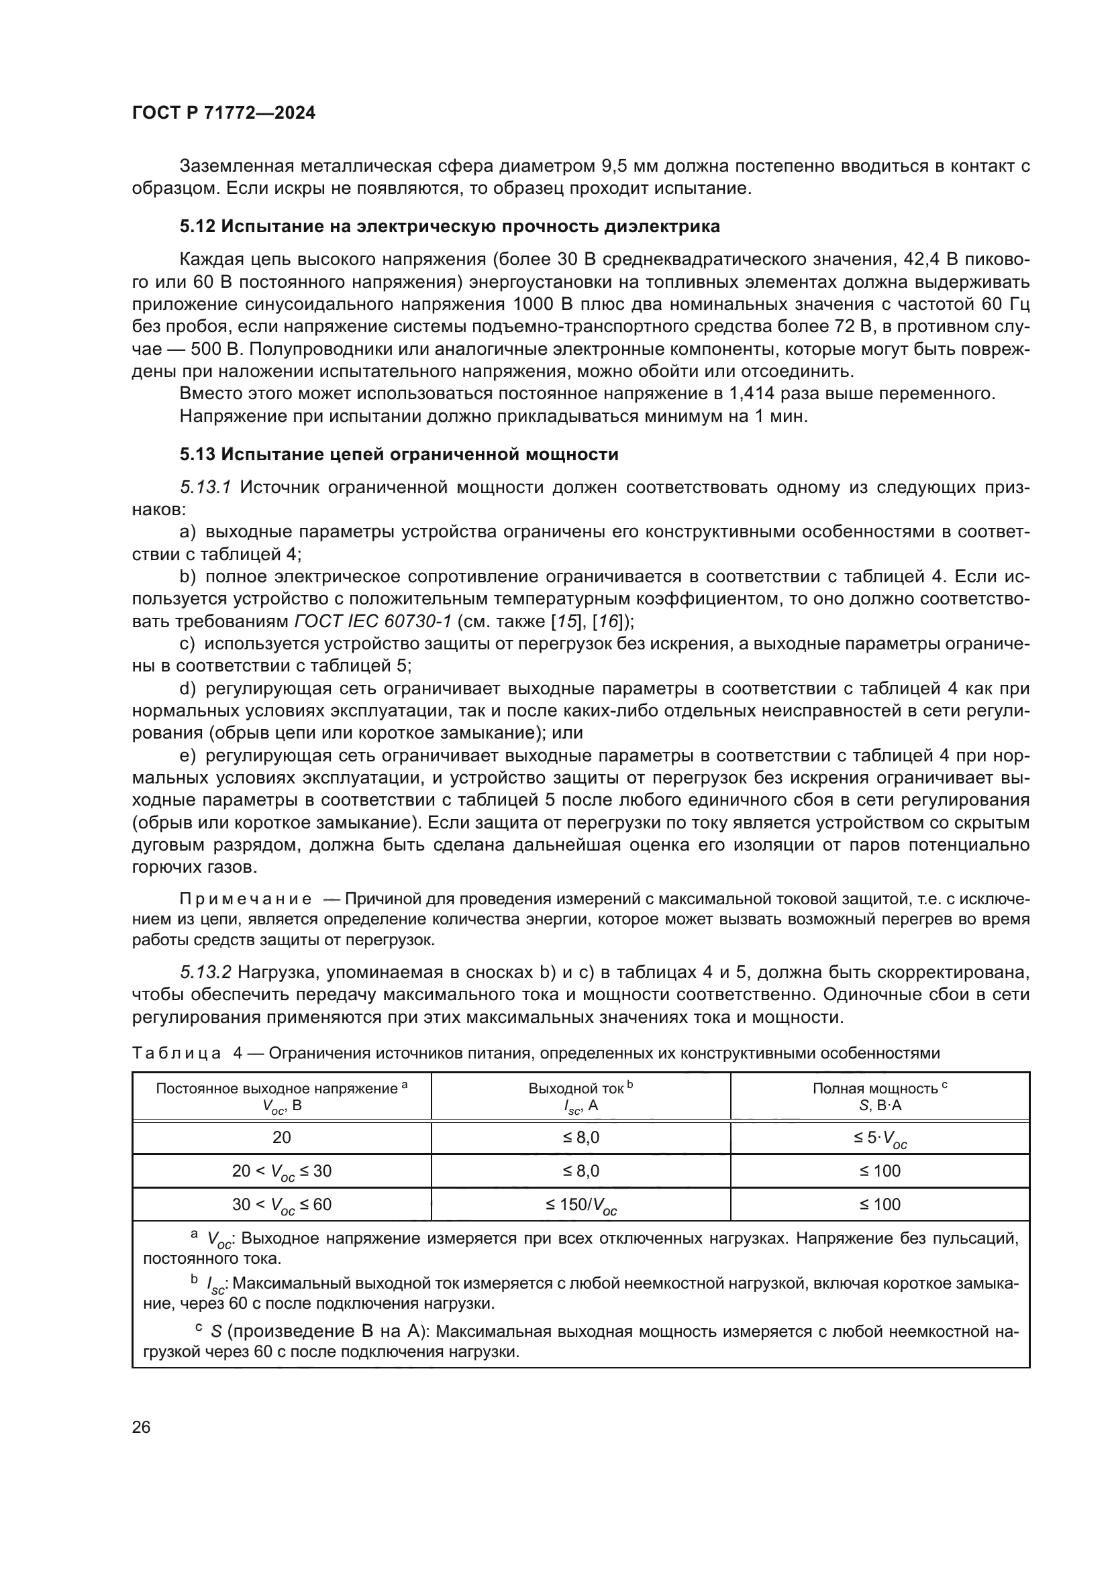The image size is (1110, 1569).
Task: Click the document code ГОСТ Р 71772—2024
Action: click(x=223, y=113)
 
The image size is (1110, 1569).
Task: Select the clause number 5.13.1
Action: click(x=205, y=487)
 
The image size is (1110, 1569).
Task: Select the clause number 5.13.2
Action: click(x=205, y=972)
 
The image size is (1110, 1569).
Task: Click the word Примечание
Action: click(x=246, y=900)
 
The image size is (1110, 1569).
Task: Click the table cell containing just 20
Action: click(x=282, y=1137)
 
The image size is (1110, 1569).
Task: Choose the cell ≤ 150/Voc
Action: click(x=581, y=1205)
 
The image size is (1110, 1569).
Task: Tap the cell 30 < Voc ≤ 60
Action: click(x=282, y=1205)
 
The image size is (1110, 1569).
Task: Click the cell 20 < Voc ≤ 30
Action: click(x=282, y=1171)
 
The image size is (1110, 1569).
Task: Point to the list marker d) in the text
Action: click(x=187, y=689)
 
